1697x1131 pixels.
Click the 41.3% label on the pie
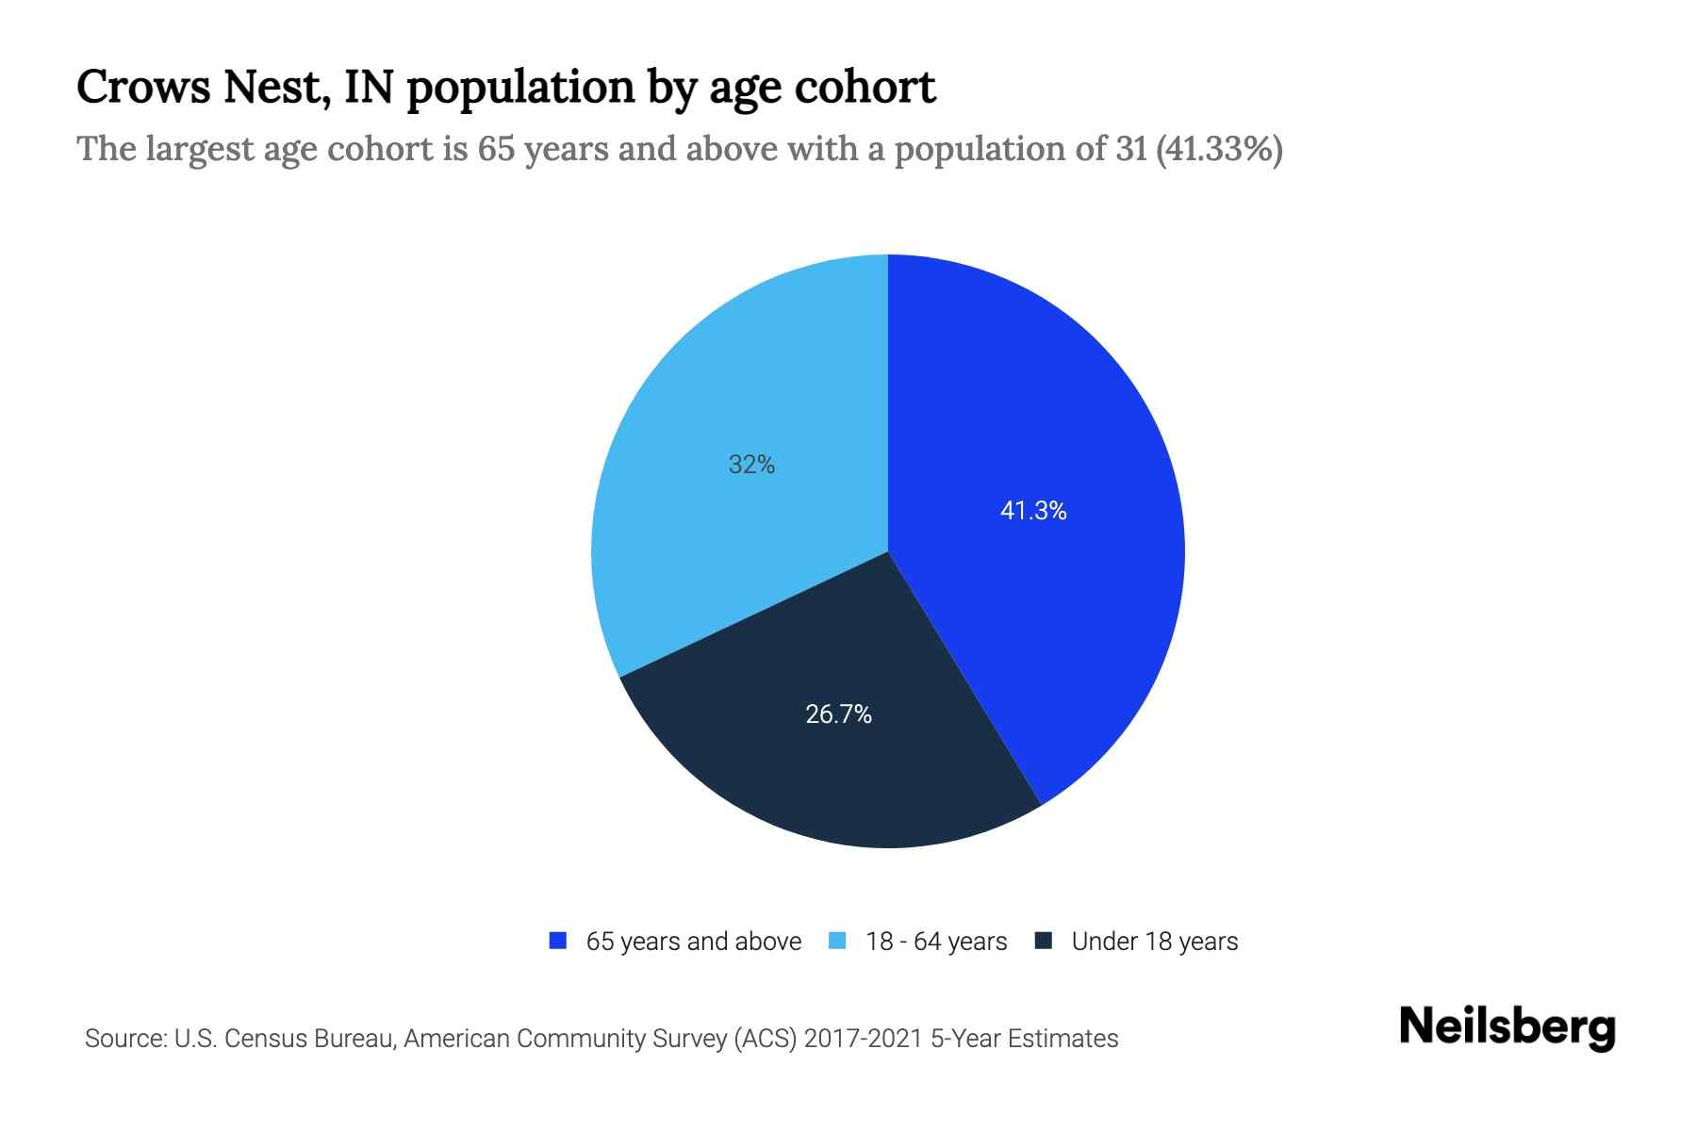[1033, 511]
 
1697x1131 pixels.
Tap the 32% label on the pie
[751, 465]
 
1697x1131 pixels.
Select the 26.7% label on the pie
[838, 714]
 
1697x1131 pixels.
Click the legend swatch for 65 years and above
[558, 941]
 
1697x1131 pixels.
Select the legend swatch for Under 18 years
[1044, 941]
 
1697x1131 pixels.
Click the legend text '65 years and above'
[693, 942]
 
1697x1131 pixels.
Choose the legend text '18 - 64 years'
[936, 942]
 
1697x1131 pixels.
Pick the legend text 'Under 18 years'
[1155, 942]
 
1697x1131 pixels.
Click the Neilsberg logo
[1508, 1027]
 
